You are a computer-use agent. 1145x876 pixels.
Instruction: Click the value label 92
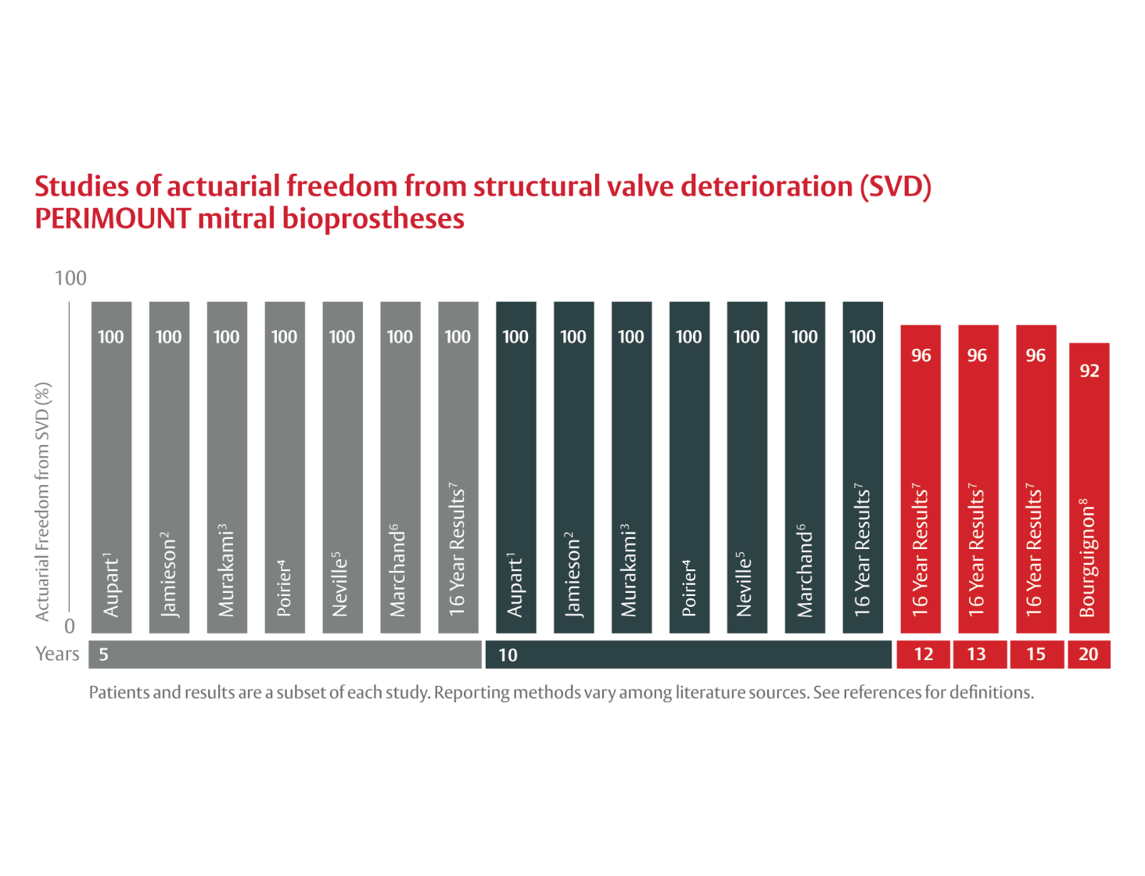point(1089,371)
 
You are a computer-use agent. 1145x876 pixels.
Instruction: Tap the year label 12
point(924,655)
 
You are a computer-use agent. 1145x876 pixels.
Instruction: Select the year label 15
point(1036,655)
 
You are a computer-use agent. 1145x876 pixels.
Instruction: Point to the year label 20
point(1089,655)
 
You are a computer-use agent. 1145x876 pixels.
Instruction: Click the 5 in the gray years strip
point(104,655)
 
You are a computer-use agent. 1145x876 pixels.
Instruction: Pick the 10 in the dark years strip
point(508,655)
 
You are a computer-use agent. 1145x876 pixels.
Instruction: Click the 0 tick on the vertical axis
point(70,626)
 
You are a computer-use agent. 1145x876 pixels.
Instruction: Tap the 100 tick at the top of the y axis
point(70,278)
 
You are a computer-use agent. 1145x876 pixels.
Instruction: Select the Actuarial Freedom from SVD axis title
point(43,501)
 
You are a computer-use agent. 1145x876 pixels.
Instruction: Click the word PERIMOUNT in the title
point(113,219)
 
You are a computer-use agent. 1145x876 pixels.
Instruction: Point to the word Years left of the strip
point(57,654)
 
